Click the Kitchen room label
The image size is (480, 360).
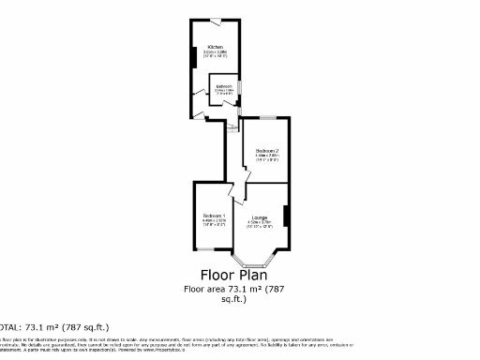pos(216,47)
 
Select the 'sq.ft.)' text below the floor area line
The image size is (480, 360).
pos(232,299)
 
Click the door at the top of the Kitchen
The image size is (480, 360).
pos(216,21)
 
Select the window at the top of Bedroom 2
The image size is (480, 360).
pos(267,118)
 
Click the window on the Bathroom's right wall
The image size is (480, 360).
pos(240,87)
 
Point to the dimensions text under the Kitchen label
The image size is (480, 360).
pos(216,54)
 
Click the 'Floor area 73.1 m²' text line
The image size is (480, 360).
pos(232,289)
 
